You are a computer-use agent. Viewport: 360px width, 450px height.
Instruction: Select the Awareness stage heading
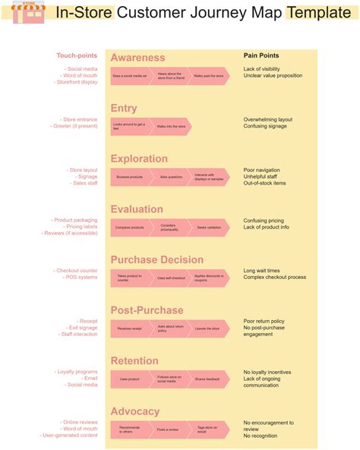click(137, 58)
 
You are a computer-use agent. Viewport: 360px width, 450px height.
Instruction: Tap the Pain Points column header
click(261, 55)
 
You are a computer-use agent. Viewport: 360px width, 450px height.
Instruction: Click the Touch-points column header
click(77, 55)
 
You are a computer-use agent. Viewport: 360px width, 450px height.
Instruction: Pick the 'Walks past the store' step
click(208, 76)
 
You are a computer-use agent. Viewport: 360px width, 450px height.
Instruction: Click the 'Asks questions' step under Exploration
click(171, 176)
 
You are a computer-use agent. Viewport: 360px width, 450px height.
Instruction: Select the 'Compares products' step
click(130, 227)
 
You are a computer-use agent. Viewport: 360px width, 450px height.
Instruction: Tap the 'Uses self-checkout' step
click(171, 278)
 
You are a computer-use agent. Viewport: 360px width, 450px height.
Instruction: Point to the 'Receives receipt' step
click(130, 328)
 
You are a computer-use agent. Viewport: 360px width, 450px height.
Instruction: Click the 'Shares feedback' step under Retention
click(207, 379)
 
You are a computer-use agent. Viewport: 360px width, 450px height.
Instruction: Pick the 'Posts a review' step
click(169, 429)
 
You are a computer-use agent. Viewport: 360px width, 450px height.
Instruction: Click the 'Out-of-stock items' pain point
click(264, 183)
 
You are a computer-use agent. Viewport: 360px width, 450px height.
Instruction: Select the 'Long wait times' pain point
click(261, 271)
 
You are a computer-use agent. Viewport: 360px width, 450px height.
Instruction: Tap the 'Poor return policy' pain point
click(264, 321)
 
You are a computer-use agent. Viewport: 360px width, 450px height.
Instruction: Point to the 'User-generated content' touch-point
click(70, 436)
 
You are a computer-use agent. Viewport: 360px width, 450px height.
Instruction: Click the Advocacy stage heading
click(135, 411)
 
